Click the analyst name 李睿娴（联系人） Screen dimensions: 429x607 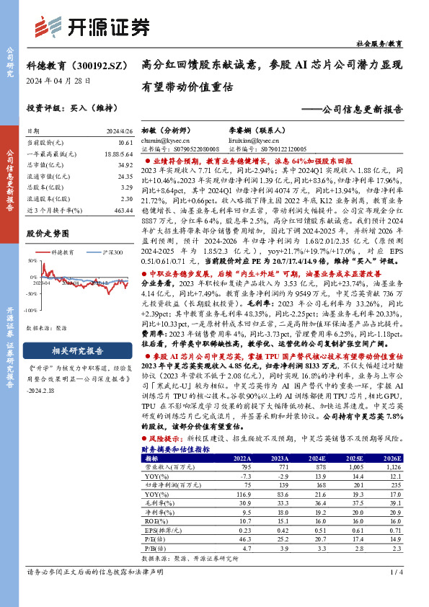[x=244, y=131]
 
